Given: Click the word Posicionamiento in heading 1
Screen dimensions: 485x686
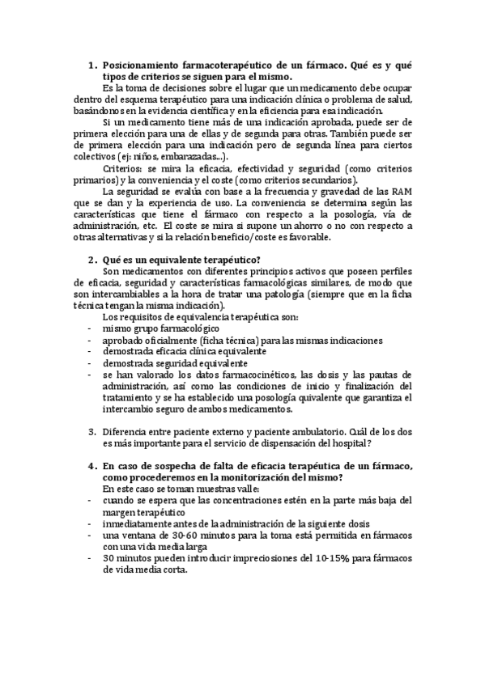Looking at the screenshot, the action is pos(150,62).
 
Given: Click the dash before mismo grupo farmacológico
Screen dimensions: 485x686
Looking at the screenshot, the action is pos(88,329).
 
